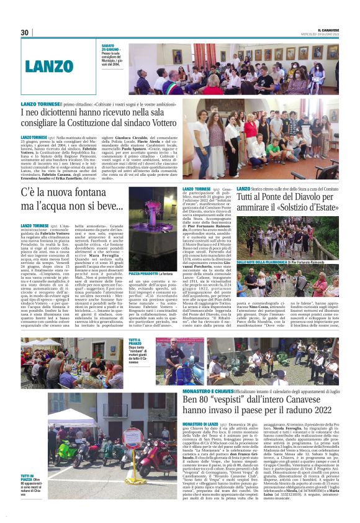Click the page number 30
pos(25,33)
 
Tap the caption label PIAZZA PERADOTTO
pos(141,273)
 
